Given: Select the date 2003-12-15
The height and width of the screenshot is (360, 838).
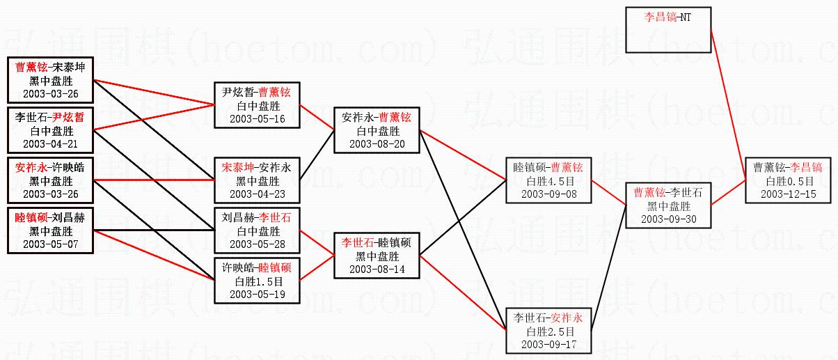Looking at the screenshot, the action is pyautogui.click(x=788, y=194).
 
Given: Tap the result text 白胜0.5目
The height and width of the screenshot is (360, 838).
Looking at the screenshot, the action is pyautogui.click(x=788, y=181).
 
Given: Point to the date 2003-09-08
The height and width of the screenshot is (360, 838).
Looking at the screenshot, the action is pyautogui.click(x=548, y=194).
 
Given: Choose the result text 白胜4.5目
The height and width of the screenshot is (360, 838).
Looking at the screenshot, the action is pyautogui.click(x=548, y=181).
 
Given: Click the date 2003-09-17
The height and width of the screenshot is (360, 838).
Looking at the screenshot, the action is pyautogui.click(x=548, y=344).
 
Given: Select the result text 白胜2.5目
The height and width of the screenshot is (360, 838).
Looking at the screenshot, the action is pyautogui.click(x=548, y=331).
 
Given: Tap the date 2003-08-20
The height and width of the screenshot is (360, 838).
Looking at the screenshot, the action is pyautogui.click(x=377, y=143).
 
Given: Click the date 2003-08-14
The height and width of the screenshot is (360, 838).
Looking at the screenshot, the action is pyautogui.click(x=377, y=269).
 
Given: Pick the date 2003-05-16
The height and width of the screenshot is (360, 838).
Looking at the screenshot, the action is pyautogui.click(x=257, y=118).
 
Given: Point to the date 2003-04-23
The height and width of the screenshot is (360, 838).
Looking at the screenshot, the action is pyautogui.click(x=257, y=194).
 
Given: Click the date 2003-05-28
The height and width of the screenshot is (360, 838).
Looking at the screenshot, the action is pyautogui.click(x=257, y=244).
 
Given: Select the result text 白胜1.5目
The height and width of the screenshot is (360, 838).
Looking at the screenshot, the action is pyautogui.click(x=257, y=281).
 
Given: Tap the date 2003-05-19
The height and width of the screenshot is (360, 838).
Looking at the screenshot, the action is pyautogui.click(x=257, y=294).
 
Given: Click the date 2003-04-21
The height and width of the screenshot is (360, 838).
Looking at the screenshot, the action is pyautogui.click(x=50, y=143).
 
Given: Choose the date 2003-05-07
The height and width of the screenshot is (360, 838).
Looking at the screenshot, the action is pyautogui.click(x=50, y=244).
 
